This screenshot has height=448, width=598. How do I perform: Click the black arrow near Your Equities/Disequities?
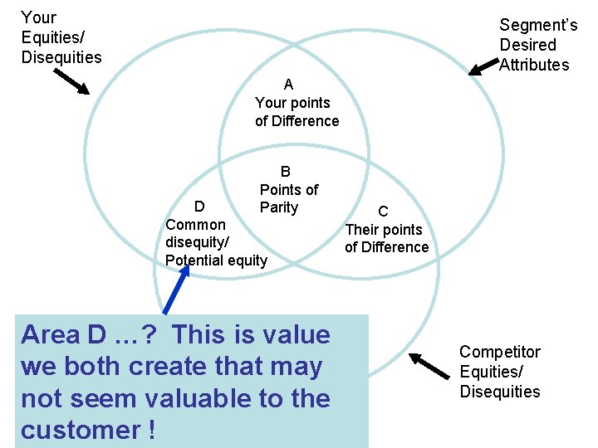click(71, 81)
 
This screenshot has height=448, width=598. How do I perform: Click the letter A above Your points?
click(288, 84)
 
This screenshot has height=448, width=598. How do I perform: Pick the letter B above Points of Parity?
click(286, 172)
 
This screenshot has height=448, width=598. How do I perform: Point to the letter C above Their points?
click(383, 212)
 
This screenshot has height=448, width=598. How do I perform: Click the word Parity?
click(279, 207)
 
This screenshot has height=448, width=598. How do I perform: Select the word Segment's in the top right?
click(538, 26)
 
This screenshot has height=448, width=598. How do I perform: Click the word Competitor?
click(500, 352)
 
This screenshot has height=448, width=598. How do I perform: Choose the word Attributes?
click(534, 65)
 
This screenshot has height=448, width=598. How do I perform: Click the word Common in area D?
click(195, 225)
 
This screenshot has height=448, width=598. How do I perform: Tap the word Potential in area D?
click(193, 261)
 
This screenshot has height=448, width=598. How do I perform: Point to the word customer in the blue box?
click(80, 431)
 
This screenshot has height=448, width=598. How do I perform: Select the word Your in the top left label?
click(39, 17)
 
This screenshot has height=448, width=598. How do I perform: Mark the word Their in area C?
click(365, 230)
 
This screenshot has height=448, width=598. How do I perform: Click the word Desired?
click(527, 45)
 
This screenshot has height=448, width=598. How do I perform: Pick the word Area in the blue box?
click(51, 335)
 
